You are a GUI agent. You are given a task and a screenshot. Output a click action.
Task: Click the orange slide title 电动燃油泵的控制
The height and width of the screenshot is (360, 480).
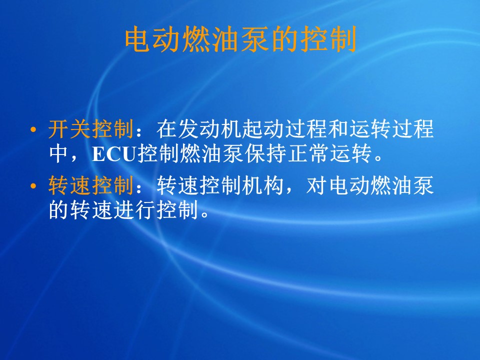(x=240, y=39)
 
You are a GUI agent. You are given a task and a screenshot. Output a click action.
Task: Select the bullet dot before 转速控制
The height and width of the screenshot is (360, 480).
(x=33, y=186)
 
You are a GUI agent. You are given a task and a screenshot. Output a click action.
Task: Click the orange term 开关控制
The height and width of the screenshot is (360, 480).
(x=91, y=128)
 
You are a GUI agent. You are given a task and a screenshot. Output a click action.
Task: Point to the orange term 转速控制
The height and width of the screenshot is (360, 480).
(x=91, y=185)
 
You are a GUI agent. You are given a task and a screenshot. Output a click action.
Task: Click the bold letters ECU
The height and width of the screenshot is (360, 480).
(x=114, y=153)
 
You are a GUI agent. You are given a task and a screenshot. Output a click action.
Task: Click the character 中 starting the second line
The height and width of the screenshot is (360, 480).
(x=59, y=153)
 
